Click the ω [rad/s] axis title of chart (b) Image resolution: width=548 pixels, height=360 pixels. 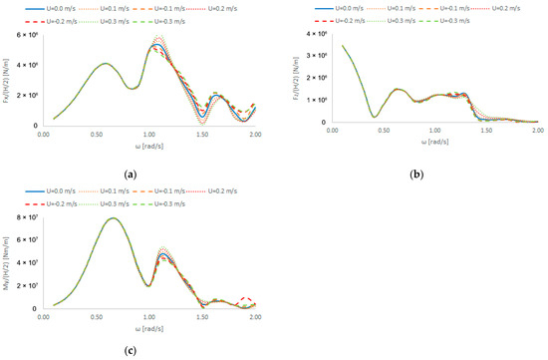[x=436, y=142]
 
